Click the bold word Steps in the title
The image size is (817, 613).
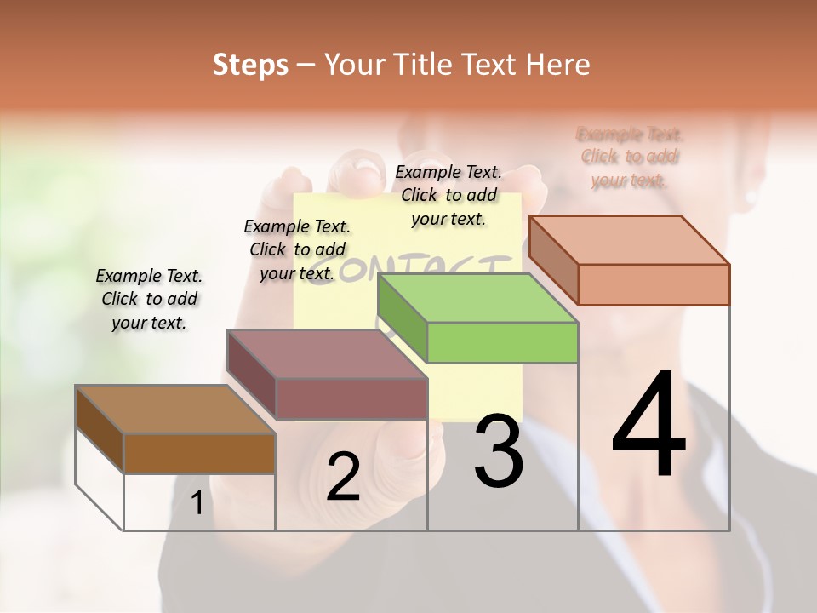[x=250, y=65]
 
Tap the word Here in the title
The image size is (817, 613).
[x=557, y=65]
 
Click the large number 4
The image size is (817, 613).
[x=648, y=426]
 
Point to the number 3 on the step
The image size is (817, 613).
[x=499, y=451]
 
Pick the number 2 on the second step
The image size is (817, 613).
[x=343, y=477]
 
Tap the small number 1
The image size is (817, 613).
[x=197, y=502]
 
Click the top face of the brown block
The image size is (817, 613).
[x=175, y=410]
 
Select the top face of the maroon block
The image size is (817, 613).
[x=327, y=354]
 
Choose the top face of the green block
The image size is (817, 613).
[x=477, y=298]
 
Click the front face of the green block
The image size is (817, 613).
[x=502, y=342]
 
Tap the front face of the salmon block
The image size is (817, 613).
[x=654, y=284]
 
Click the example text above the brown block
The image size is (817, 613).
[x=149, y=299]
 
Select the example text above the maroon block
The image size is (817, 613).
[x=297, y=249]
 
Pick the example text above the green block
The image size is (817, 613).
[x=448, y=195]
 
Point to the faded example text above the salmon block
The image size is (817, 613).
[x=630, y=157]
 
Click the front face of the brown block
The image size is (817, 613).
[x=199, y=453]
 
